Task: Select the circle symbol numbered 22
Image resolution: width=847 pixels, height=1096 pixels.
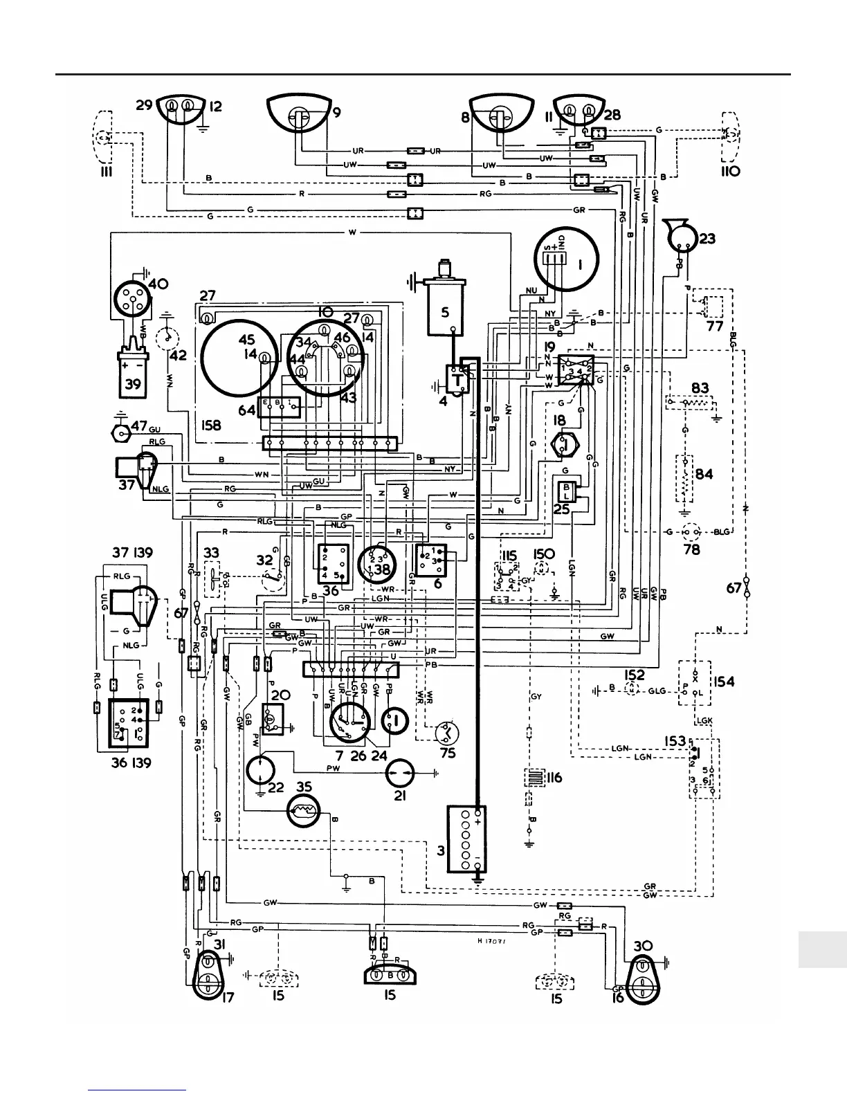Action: click(x=261, y=770)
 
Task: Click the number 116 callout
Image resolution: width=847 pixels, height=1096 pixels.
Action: click(x=554, y=778)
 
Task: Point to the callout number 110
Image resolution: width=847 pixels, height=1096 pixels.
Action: click(x=730, y=171)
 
